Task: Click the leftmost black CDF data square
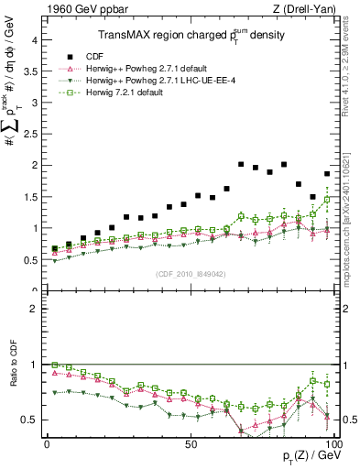tap(54, 249)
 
